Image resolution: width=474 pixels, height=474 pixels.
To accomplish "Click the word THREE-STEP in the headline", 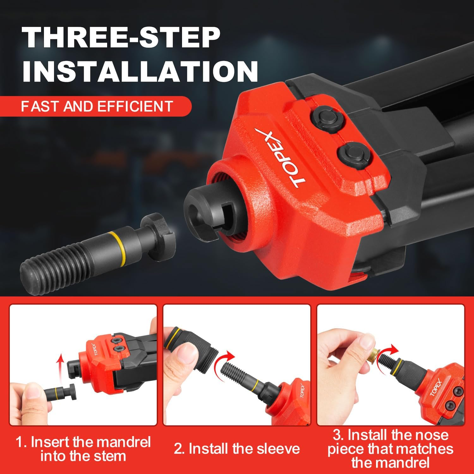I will [121, 38].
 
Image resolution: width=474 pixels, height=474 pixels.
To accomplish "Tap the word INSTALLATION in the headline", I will [140, 72].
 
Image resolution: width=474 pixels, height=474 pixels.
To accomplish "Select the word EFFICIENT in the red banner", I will [135, 106].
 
